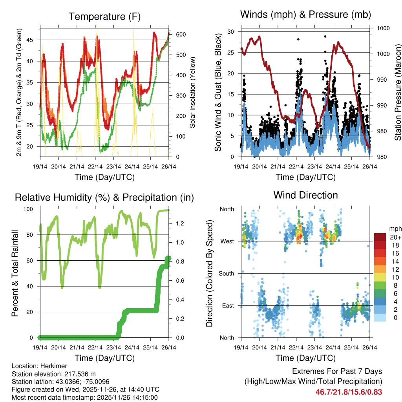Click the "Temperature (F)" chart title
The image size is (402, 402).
pos(104,16)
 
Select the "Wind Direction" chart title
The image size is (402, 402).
pos(305,195)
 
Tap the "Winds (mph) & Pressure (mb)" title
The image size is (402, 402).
pos(305,15)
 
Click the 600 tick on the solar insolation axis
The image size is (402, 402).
pos(181,35)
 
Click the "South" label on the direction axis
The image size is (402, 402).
pos(227,273)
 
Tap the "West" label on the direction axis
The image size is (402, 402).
pos(227,241)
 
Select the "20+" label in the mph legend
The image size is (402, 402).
pos(395,237)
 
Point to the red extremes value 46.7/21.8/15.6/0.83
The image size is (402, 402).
pos(349,392)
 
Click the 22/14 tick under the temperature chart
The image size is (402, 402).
pos(95,167)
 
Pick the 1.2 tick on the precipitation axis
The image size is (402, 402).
pos(180,223)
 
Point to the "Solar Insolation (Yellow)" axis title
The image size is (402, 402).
pos(193,93)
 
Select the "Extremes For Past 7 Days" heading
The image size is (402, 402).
pos(337,371)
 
